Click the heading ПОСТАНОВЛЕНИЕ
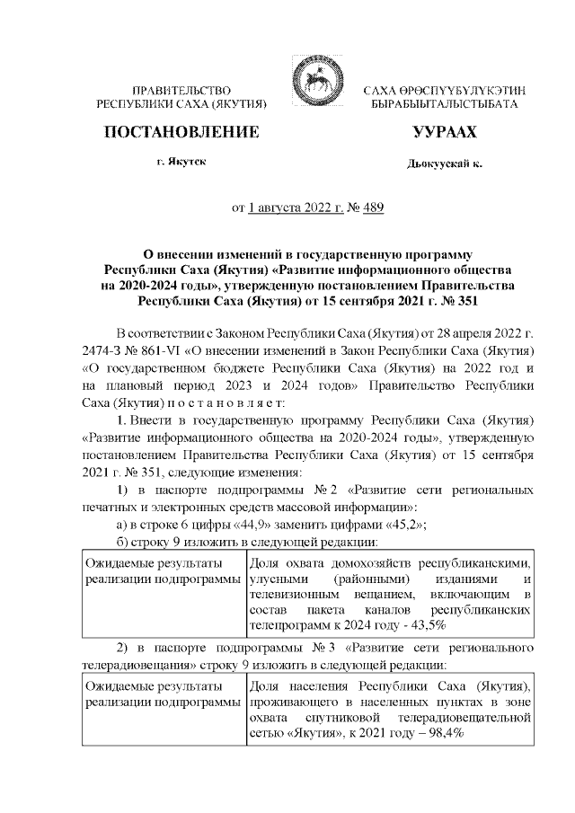[182, 132]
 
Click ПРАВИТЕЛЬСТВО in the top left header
[182, 91]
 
